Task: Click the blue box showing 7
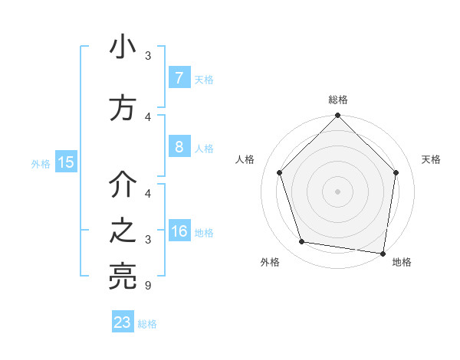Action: pos(179,78)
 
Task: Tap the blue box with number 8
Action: pos(179,147)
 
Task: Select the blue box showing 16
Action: pos(179,231)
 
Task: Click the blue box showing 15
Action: pos(66,162)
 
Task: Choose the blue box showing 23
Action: pos(123,322)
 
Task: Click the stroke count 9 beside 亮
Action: pos(148,286)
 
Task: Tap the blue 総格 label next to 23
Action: pos(147,323)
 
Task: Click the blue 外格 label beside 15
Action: pos(41,163)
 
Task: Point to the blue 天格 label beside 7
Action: pos(204,79)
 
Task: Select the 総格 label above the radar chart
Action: pos(337,100)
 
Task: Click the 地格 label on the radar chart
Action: pos(402,262)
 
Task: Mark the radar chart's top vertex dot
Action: pos(337,117)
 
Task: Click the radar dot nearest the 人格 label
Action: pos(279,172)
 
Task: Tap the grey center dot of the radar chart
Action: pos(337,191)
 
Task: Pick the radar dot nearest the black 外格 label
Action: pos(302,242)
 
